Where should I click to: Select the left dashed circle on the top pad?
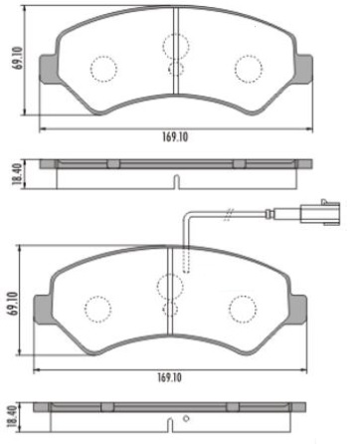(103, 68)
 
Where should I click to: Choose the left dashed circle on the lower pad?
(98, 308)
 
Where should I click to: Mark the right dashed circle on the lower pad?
(242, 308)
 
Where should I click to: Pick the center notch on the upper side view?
(175, 182)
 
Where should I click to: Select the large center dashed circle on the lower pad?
(171, 287)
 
